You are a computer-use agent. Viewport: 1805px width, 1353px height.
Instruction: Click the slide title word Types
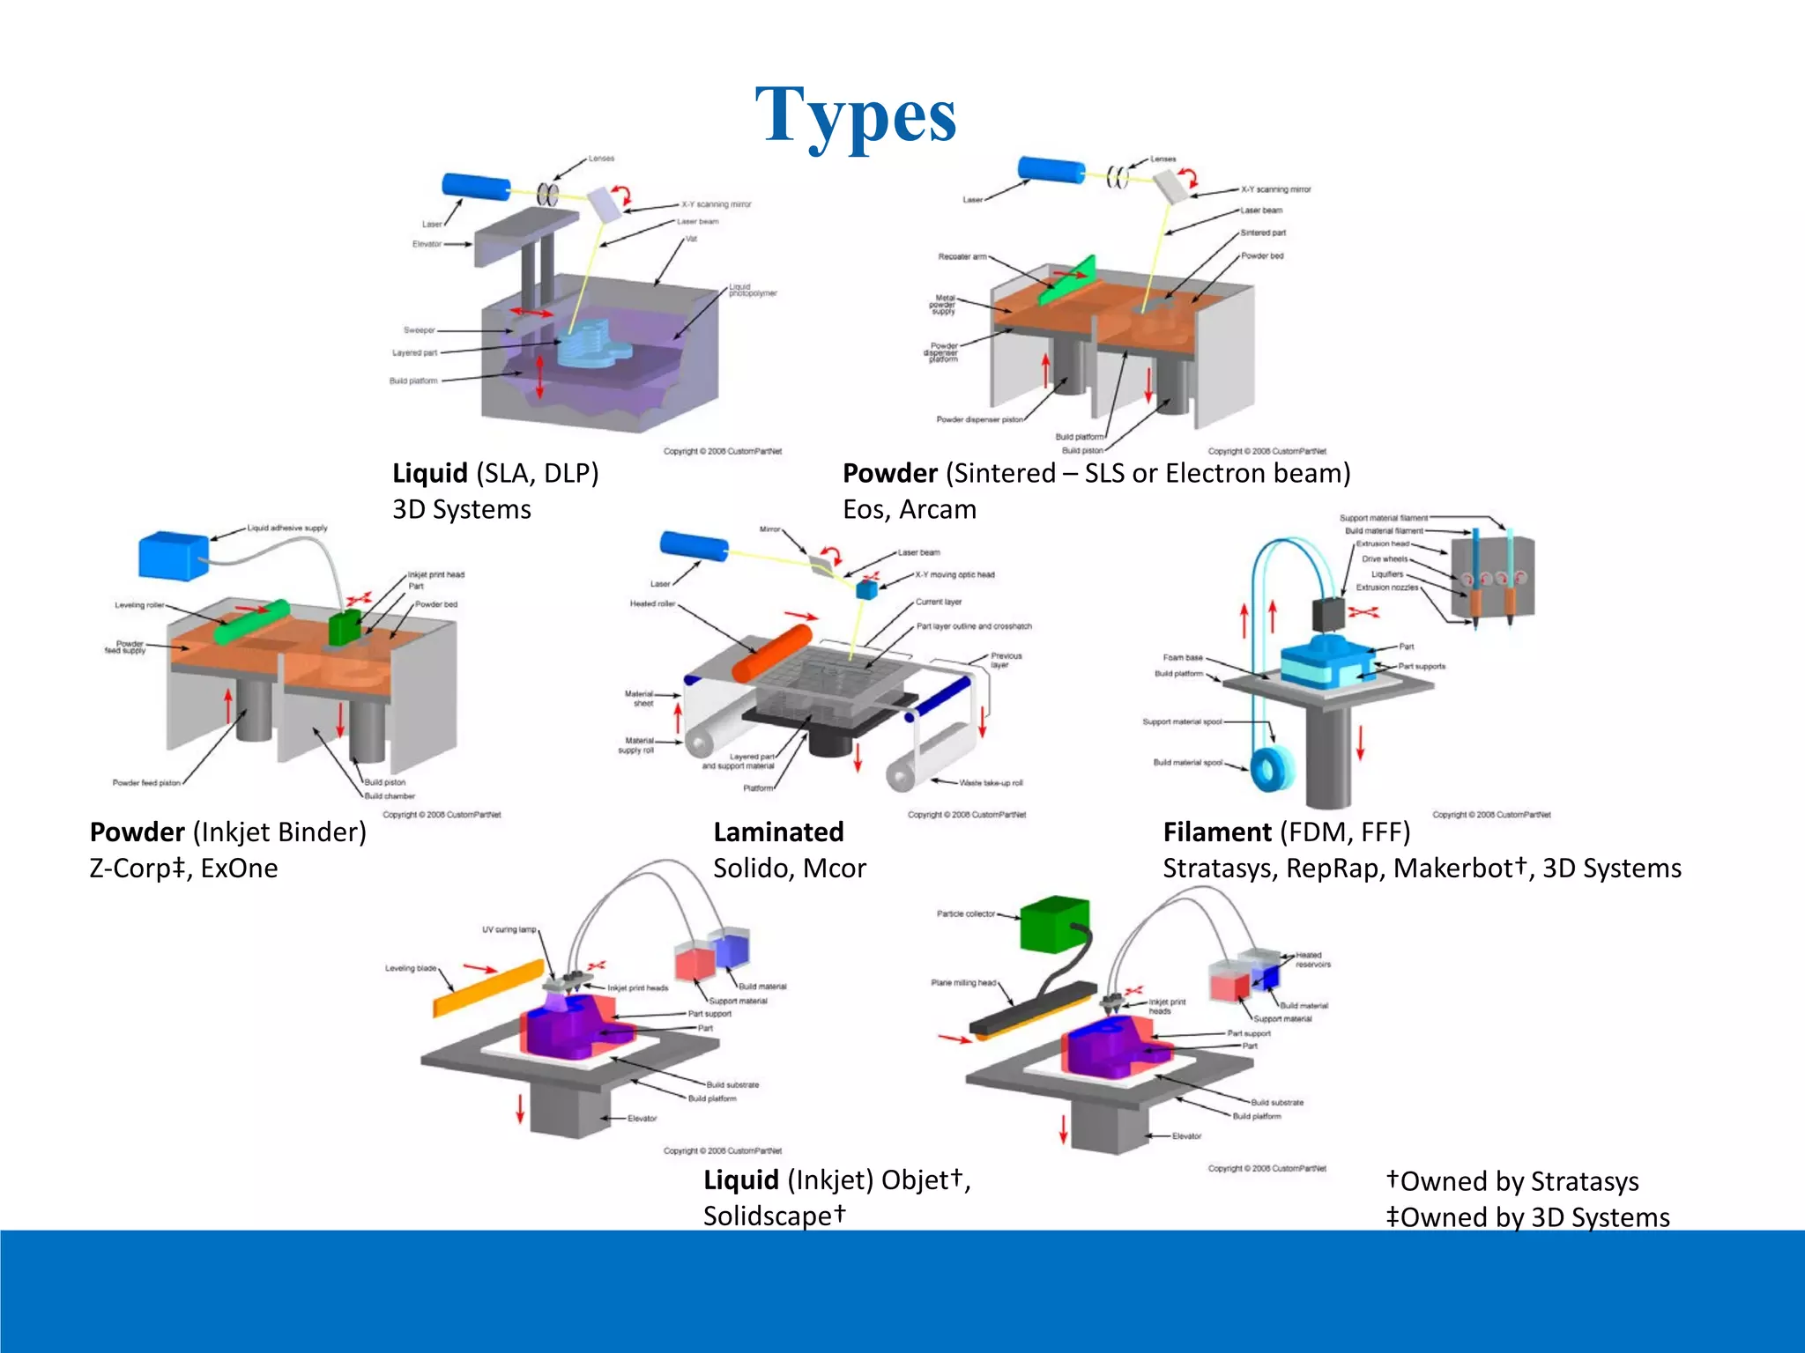point(855,116)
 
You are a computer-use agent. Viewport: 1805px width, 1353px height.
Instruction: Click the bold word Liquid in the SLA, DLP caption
point(429,474)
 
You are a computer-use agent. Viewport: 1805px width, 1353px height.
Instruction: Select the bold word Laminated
point(778,832)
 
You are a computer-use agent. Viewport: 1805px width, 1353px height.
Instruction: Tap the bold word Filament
point(1216,832)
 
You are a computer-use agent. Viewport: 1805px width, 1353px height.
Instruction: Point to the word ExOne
point(239,869)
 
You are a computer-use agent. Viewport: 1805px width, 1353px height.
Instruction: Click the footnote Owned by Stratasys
point(1518,1181)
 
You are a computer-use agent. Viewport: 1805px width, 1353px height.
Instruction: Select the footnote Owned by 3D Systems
point(1534,1217)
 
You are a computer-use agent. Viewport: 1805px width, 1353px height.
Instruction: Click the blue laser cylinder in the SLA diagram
point(475,186)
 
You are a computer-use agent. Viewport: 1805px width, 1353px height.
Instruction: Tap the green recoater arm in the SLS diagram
point(1067,281)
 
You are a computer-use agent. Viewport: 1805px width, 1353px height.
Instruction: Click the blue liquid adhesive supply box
point(174,555)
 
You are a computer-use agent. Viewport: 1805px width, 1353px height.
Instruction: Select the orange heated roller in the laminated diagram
point(772,653)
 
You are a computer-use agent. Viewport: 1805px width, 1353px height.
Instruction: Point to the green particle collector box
point(1054,924)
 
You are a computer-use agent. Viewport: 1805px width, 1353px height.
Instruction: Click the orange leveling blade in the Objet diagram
point(487,988)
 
